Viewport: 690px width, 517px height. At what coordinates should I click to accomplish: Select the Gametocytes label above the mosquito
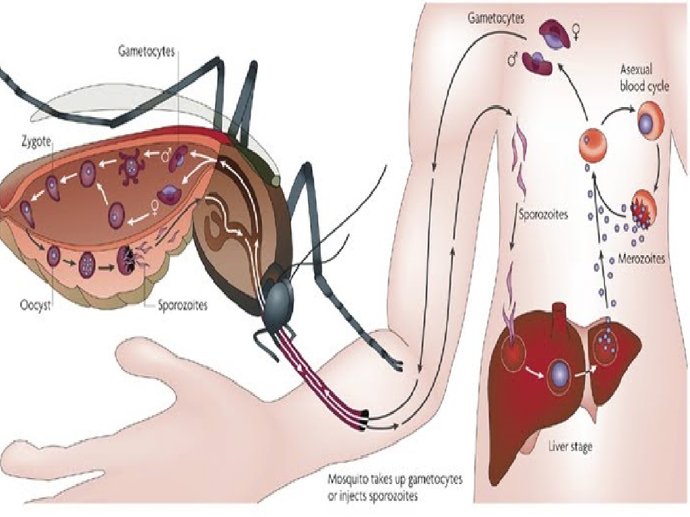pyautogui.click(x=146, y=50)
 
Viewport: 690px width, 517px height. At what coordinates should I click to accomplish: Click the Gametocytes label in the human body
pyautogui.click(x=496, y=18)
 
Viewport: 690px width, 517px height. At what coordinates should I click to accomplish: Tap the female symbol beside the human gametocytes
pyautogui.click(x=577, y=31)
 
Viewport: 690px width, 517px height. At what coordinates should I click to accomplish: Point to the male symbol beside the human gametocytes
pyautogui.click(x=513, y=61)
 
